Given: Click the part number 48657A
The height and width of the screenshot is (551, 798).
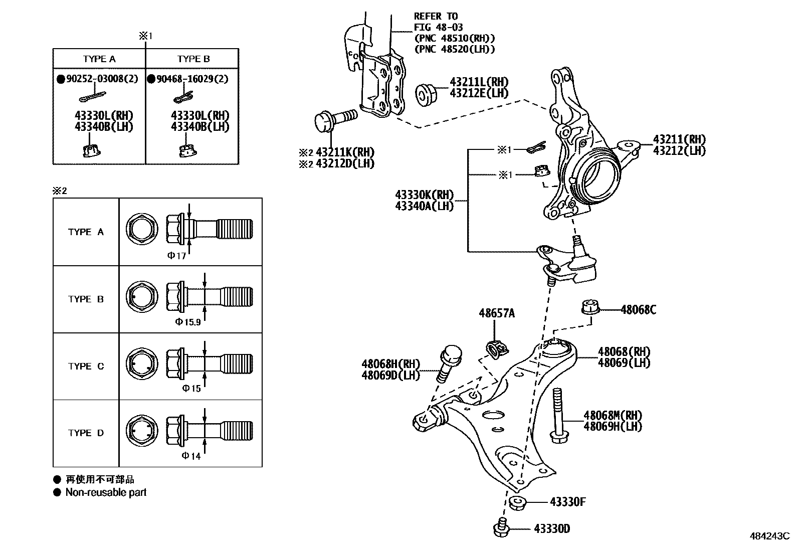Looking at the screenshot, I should coord(496,313).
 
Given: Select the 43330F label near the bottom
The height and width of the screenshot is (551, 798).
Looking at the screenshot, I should coord(567,501).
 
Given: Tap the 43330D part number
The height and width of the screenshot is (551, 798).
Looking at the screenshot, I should coord(551,528).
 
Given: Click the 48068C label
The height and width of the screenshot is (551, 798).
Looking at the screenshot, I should coord(638,309).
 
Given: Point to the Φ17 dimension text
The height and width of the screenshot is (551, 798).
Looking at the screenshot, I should coord(176,256).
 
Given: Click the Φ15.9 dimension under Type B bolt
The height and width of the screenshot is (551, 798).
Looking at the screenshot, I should coord(188,322).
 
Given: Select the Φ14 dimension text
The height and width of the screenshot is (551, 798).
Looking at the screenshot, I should coord(191,456).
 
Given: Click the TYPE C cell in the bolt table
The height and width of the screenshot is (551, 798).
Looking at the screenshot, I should coord(86,366).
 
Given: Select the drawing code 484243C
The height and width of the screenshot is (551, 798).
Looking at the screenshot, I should coord(769,536).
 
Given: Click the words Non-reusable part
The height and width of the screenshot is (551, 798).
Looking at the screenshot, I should coord(106,492).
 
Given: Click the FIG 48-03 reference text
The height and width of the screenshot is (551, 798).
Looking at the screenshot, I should coord(438,27).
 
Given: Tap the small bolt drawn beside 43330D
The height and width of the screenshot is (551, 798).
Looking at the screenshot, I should coord(501,528).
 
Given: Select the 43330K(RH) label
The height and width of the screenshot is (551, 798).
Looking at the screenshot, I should coord(424,195).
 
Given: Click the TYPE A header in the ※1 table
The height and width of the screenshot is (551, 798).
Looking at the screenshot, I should coord(99,59).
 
